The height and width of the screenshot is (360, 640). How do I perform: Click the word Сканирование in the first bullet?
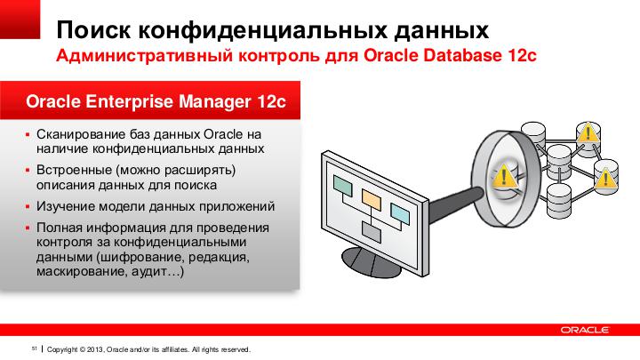point(76,134)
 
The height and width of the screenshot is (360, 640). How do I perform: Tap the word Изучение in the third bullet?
point(62,205)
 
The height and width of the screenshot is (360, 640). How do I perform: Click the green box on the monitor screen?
point(342,186)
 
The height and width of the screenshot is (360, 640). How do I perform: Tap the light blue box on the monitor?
point(400,213)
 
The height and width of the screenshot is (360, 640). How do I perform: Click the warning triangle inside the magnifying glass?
point(504,175)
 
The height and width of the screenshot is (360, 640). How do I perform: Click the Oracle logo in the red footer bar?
point(585,330)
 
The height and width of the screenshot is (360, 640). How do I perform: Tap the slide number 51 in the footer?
point(35,348)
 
